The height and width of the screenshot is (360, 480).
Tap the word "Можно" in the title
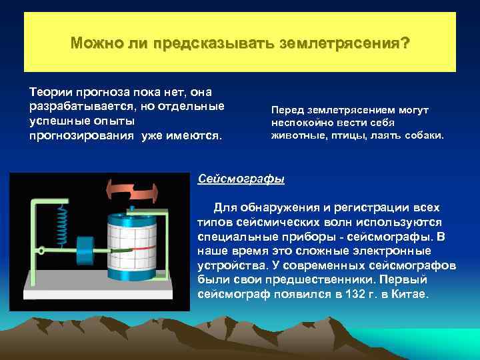(x=94, y=43)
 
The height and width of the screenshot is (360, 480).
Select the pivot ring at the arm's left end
(x=41, y=252)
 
